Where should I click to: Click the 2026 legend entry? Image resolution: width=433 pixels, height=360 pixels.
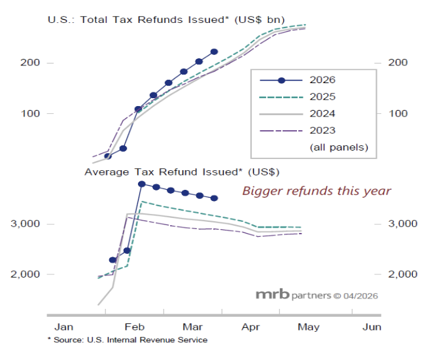pos(307,81)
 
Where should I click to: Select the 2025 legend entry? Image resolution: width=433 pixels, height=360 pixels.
pos(307,97)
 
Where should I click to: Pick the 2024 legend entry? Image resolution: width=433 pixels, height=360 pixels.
pos(307,113)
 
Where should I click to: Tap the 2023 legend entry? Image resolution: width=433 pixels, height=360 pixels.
pos(307,130)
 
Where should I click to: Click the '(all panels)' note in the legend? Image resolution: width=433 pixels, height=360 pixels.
pos(338,148)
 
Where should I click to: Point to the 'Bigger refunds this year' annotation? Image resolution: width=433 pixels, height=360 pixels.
pos(317,191)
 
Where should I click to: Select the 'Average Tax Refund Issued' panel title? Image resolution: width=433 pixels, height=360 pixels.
pos(182,172)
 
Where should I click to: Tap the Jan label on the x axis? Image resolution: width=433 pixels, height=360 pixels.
pos(63,327)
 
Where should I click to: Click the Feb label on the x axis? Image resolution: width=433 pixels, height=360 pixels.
pos(133,327)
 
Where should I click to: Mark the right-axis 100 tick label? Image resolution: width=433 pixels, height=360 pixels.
pos(398,113)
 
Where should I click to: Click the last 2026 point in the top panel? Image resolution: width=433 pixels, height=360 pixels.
pos(214,52)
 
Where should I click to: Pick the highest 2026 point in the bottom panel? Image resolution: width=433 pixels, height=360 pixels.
pos(141,184)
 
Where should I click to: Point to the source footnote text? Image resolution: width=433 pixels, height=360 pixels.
pos(127,340)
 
